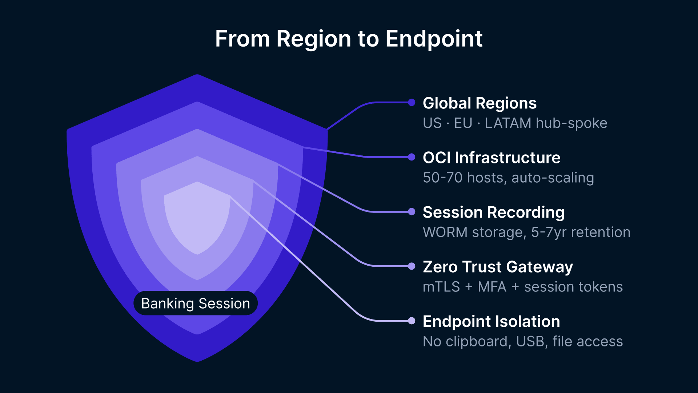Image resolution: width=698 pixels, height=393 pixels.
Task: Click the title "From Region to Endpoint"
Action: (349, 39)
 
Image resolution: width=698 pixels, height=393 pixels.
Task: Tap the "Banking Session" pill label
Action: (196, 303)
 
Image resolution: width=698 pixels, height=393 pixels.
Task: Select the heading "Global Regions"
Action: (480, 103)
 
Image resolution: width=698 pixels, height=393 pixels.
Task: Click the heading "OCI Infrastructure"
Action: (492, 158)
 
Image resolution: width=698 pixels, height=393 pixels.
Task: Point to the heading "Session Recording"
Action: (494, 212)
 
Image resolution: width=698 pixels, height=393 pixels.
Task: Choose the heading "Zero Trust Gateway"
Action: (498, 267)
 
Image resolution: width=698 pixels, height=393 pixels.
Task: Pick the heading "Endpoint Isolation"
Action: (491, 321)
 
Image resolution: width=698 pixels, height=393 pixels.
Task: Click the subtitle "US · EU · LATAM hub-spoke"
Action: (515, 123)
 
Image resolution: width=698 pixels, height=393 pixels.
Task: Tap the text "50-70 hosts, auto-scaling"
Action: (508, 178)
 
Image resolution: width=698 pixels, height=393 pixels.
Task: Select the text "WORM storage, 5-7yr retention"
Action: (526, 232)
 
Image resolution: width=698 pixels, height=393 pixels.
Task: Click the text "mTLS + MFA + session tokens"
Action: (523, 287)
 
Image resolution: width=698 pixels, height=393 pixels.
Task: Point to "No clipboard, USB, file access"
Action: (523, 341)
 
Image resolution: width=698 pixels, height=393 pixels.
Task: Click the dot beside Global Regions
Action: (412, 103)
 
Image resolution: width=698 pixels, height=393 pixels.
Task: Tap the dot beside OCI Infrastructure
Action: (412, 157)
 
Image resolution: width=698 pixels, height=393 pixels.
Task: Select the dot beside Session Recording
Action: (412, 212)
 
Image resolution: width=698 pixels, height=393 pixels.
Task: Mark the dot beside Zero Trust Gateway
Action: (412, 266)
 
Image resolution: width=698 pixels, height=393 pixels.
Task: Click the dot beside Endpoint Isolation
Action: (412, 321)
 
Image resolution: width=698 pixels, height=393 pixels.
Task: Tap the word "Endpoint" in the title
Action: (434, 39)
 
